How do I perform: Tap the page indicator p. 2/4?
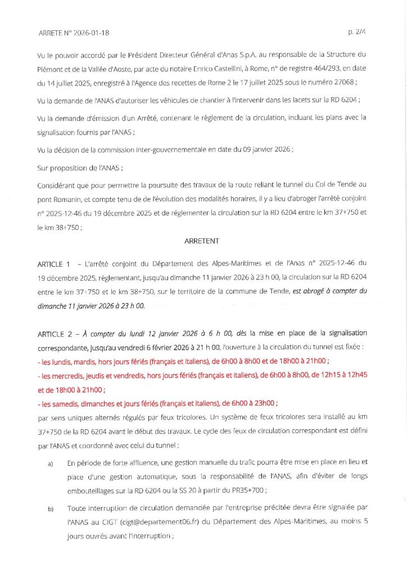coord(357,33)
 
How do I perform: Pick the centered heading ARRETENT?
coord(202,241)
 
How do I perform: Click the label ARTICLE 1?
coord(55,263)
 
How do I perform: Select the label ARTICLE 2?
coord(55,318)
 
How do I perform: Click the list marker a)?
coord(51,462)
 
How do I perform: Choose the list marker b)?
coord(51,510)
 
